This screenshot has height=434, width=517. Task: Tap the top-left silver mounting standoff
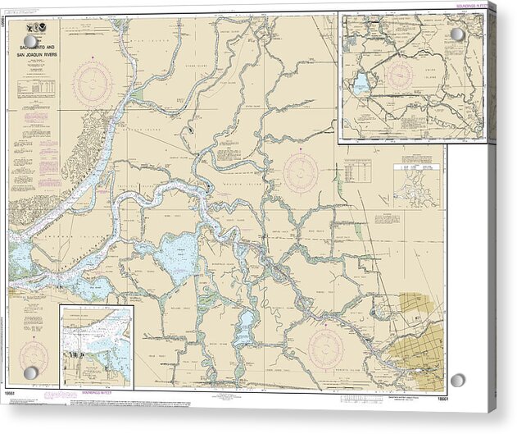tap(30, 41)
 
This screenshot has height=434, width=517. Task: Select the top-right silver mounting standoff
tap(457, 34)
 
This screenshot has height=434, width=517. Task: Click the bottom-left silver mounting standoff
tap(30, 373)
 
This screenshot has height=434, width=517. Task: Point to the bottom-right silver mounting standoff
tap(457, 380)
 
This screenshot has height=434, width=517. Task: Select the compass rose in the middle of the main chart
tap(301, 171)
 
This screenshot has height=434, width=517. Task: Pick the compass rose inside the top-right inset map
tap(400, 75)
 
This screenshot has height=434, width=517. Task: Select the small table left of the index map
tap(357, 171)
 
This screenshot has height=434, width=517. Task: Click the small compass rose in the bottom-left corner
tap(34, 355)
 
